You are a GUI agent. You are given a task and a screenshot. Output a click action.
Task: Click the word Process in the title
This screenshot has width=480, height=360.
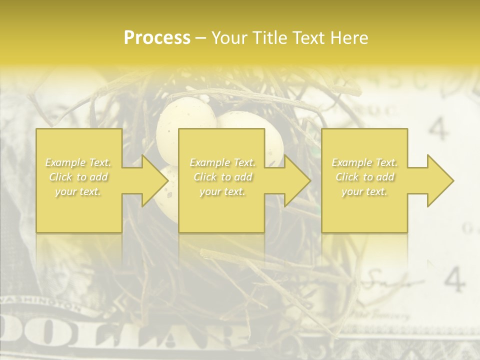tap(157, 37)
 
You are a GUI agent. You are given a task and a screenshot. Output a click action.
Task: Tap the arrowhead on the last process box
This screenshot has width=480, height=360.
tap(433, 180)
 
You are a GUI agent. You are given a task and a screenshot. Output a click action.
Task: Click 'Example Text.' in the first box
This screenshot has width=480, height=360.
tap(78, 162)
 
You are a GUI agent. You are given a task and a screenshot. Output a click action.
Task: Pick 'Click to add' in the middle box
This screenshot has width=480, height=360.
tap(222, 177)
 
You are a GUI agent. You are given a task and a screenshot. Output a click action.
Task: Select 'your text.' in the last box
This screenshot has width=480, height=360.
tap(364, 191)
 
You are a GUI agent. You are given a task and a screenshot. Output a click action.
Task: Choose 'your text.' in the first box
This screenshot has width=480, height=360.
tap(78, 191)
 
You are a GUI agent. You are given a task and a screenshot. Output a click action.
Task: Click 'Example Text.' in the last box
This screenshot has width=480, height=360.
tap(364, 162)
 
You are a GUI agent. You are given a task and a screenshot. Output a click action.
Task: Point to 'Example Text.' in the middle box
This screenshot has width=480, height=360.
tap(222, 162)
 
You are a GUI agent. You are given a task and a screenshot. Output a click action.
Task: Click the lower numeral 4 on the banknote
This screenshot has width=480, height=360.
tap(454, 279)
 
